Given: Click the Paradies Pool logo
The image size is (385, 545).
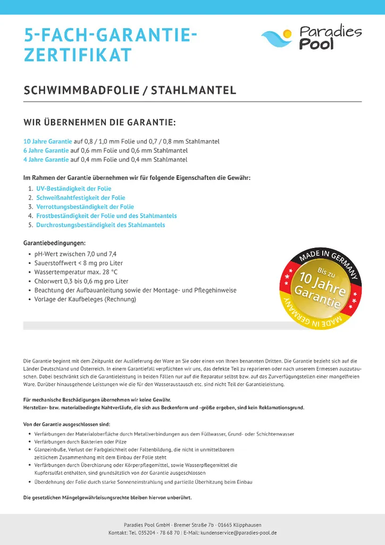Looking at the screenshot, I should tap(311, 37).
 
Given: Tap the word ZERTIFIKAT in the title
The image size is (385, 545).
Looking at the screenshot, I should tap(78, 55).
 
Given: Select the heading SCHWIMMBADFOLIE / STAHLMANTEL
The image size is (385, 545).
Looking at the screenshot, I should tap(130, 90).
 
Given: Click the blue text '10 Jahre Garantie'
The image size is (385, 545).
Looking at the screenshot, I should tap(48, 142).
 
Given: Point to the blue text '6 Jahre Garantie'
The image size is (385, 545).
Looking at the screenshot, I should tap(46, 151).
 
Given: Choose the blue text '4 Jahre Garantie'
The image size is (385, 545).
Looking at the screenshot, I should tap(46, 160).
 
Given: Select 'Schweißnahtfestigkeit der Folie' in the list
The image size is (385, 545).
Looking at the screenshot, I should tap(81, 198).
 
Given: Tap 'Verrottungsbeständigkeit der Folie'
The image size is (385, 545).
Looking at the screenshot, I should tap(85, 207).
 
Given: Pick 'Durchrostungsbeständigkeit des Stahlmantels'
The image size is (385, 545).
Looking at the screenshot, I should tap(101, 225).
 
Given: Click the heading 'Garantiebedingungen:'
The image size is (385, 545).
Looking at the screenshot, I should tap(55, 243).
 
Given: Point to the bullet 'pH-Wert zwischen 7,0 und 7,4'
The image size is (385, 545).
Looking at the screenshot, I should tap(75, 254).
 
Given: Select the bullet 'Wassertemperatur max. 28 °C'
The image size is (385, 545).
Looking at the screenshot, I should tap(76, 272).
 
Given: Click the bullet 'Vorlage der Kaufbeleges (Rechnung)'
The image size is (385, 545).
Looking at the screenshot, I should tap(85, 299).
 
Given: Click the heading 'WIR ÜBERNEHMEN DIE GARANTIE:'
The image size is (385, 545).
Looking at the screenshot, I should tap(99, 123).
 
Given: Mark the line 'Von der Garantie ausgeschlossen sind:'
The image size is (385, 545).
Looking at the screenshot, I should tap(67, 424).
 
